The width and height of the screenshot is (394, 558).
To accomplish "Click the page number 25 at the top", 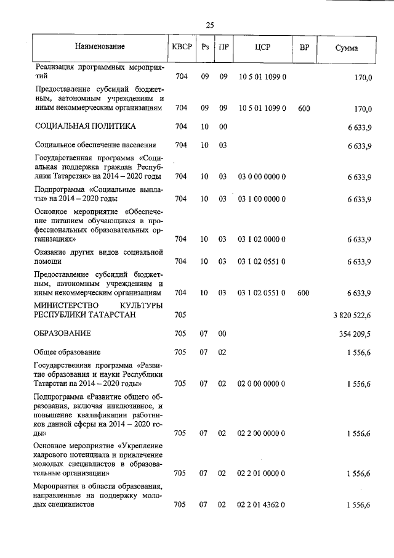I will click(209, 25).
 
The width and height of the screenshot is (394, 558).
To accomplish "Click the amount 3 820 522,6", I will click(351, 315).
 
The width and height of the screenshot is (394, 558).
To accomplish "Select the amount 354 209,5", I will click(354, 334).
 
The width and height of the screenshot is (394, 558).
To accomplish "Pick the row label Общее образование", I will click(68, 352).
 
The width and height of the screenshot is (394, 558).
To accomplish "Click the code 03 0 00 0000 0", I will click(262, 177).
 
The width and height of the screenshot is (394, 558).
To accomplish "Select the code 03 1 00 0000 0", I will click(262, 199).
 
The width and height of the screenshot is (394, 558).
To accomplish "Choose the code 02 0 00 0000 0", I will click(262, 384).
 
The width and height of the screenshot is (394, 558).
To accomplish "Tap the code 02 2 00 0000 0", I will click(262, 433).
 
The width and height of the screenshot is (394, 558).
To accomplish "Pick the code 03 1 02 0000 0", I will click(262, 239).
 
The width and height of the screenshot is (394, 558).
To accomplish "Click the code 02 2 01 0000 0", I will click(262, 474).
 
